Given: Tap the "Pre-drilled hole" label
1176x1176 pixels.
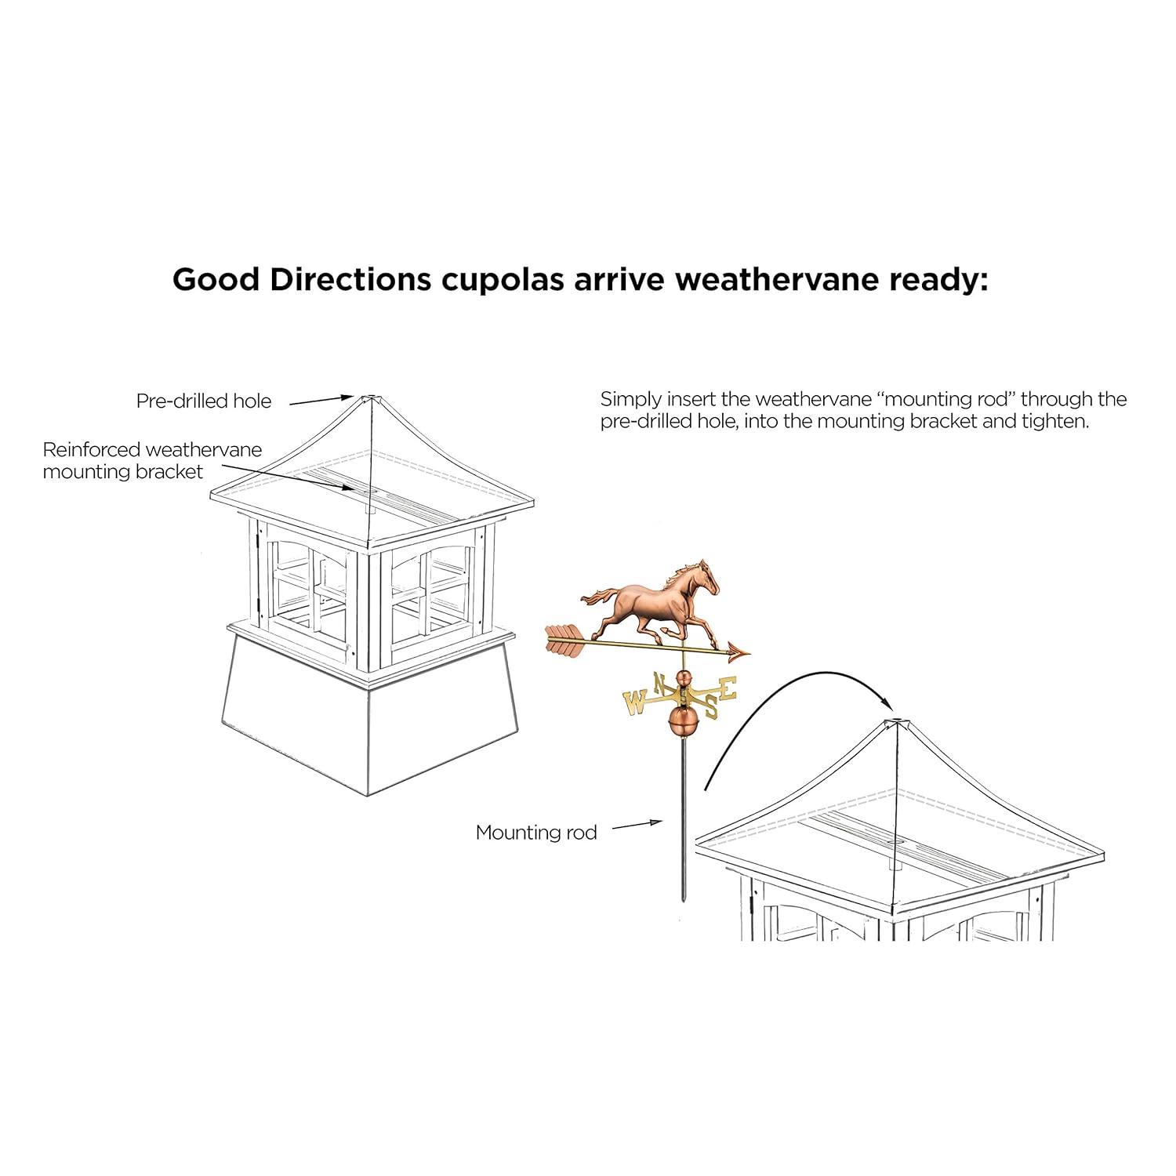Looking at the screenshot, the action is coord(204,401).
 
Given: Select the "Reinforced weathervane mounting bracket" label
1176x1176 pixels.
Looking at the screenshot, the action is coord(152,461).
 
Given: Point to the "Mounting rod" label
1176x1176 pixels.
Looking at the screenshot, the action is coord(536,833).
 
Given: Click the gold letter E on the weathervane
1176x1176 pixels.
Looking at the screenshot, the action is coord(728,688).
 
